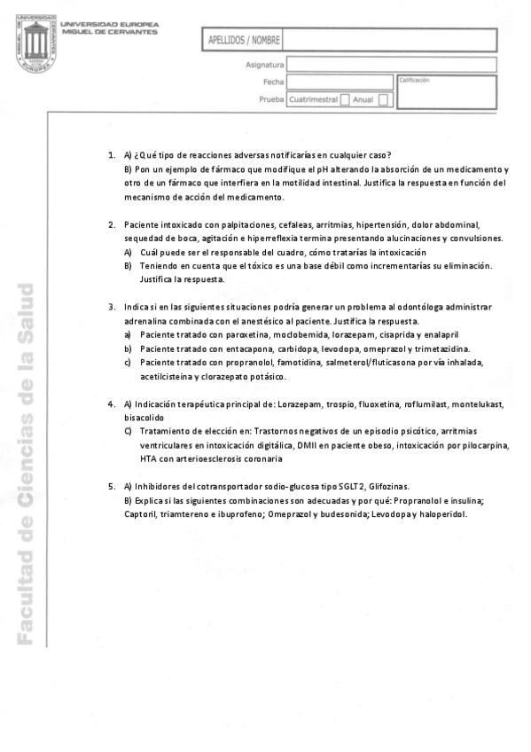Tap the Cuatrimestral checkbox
(x=346, y=100)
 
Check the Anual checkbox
(x=383, y=100)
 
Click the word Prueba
(x=270, y=100)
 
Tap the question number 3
(x=112, y=307)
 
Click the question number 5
(x=112, y=487)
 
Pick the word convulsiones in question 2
(x=473, y=239)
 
